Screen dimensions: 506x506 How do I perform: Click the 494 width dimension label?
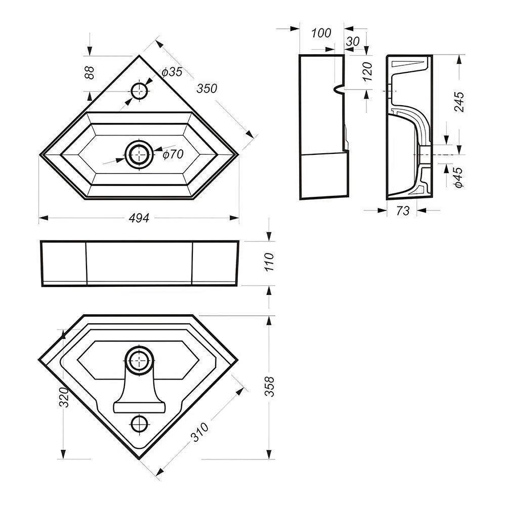[139, 218]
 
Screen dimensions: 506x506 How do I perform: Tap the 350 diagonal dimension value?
[207, 89]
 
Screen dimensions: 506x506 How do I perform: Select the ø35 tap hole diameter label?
[172, 72]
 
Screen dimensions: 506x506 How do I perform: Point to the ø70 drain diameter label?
[173, 155]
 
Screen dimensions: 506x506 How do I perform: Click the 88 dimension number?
[90, 72]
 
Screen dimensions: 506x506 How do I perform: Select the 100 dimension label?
[321, 33]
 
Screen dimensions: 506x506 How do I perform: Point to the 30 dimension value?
[353, 42]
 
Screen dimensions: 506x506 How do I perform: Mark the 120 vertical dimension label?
[368, 71]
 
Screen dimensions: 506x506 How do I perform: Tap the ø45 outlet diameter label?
[459, 178]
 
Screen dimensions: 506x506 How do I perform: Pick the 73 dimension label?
[403, 211]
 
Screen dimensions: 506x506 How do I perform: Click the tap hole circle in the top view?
[140, 91]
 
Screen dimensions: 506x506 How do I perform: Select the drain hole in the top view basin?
[139, 154]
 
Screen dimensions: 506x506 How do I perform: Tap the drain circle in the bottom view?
[138, 360]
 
